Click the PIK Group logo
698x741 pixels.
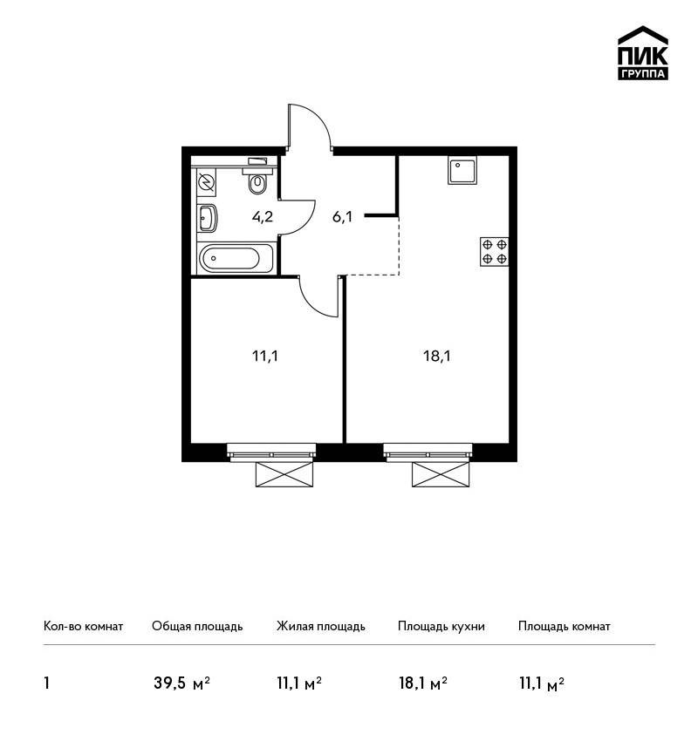643,53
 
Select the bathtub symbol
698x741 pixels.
236,258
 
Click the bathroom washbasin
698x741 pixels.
208,218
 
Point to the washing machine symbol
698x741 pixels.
206,182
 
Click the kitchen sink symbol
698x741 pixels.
462,171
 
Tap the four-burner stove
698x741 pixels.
494,251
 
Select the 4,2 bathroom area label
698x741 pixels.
263,217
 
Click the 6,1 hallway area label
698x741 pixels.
342,217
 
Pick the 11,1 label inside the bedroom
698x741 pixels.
265,356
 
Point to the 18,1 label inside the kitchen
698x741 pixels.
437,356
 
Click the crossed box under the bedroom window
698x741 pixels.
284,474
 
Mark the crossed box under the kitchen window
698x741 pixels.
441,474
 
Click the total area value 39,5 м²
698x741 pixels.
181,683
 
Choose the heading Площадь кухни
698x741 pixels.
441,626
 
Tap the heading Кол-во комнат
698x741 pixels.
83,626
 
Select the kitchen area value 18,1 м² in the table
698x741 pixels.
423,683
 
